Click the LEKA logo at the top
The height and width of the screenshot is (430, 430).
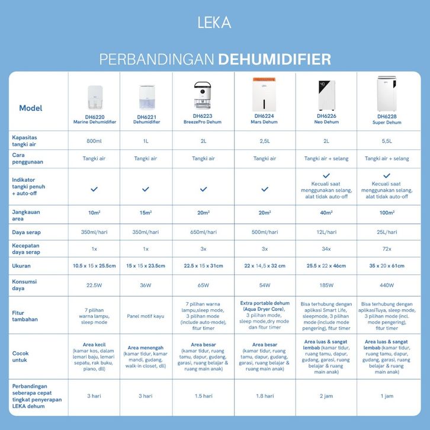coord(214,23)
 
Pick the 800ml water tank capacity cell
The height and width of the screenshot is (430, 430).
coord(95,141)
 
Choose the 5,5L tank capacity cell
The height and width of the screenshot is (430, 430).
coord(386,141)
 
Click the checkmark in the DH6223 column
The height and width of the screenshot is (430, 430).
coord(204,189)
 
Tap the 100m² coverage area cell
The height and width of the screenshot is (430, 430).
coord(386,213)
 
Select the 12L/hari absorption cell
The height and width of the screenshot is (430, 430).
coord(325,232)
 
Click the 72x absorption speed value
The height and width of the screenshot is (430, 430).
coord(386,249)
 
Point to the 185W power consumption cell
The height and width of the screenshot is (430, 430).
coord(325,285)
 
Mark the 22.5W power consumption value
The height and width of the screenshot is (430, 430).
coord(95,285)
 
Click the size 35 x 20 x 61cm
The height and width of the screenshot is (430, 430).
coord(386,267)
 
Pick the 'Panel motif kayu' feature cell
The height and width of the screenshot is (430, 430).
coord(146,316)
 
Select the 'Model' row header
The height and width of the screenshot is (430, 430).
coord(31,108)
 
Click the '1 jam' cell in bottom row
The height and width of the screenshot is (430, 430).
coord(386,396)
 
